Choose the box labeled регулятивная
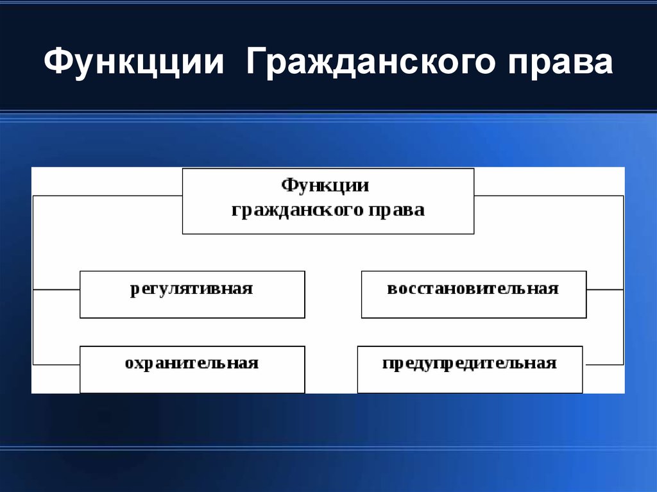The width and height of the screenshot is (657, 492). [x=192, y=294]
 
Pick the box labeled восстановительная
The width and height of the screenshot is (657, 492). [x=474, y=294]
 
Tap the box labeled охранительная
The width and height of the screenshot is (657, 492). [x=192, y=369]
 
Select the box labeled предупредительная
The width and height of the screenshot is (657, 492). [x=470, y=369]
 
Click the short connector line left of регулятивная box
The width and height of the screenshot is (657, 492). [x=56, y=290]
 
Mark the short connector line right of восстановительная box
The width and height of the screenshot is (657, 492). [x=604, y=290]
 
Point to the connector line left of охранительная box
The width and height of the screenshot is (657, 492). [x=56, y=364]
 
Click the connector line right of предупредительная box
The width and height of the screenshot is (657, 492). [x=603, y=364]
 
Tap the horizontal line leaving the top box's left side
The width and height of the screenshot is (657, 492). [x=107, y=196]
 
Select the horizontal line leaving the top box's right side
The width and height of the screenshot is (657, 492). [x=549, y=196]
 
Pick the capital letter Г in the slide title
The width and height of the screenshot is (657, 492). [x=254, y=65]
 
